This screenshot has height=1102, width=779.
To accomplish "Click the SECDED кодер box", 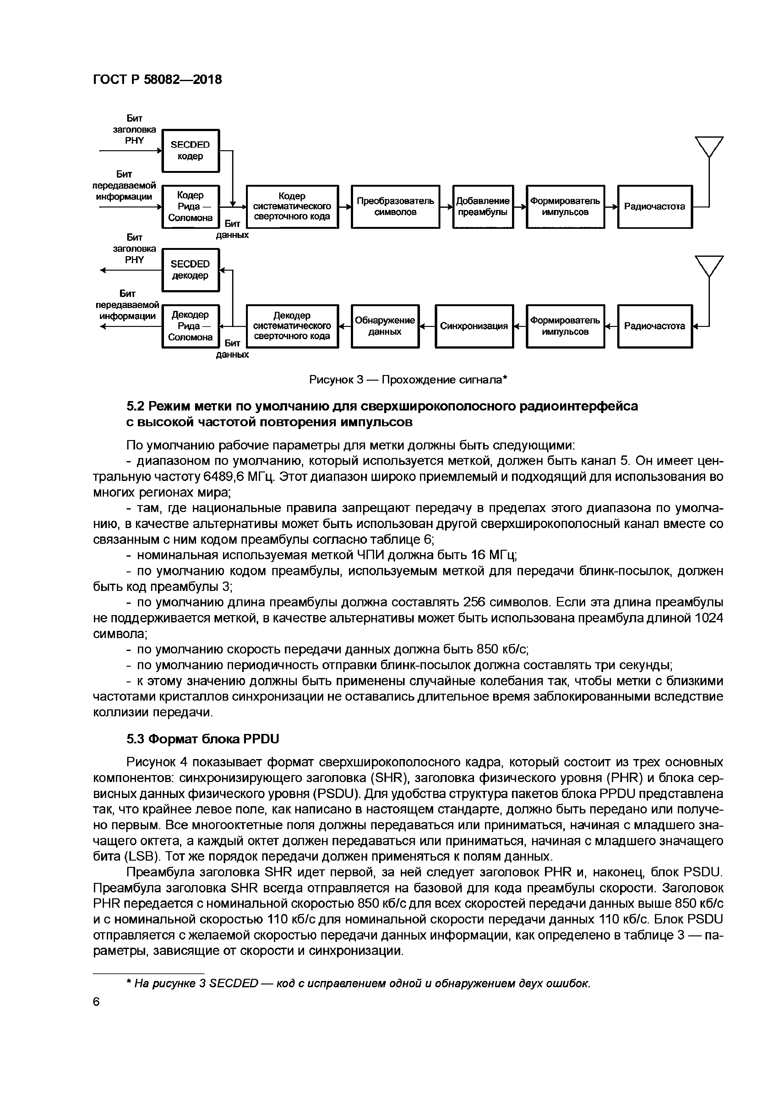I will tap(190, 151).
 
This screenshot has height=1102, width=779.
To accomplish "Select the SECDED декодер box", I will tap(190, 270).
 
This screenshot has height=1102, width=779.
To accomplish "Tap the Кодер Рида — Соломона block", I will tap(190, 207).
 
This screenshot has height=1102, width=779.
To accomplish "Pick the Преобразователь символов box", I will tap(395, 207).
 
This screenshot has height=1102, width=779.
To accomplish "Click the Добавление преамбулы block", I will tap(482, 207).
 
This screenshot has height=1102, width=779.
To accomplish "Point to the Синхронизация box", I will tap(474, 326).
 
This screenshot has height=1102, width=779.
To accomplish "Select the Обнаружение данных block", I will tap(385, 326).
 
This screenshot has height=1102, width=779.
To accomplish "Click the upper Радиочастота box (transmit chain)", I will tap(654, 207).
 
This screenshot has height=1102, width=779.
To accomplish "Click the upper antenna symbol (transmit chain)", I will tap(709, 147).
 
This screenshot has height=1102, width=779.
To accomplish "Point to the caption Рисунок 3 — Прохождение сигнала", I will tap(408, 380).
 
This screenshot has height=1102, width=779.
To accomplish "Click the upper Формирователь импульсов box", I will tap(565, 207).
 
